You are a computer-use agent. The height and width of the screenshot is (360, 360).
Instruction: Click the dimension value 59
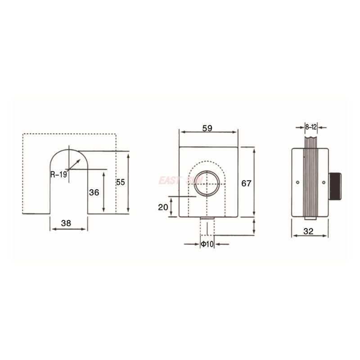coord(207,128)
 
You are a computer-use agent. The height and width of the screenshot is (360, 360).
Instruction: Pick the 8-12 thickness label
coord(311,127)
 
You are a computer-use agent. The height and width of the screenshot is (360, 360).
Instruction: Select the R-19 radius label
coord(58,174)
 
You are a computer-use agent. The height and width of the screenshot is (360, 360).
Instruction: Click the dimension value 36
coord(94,192)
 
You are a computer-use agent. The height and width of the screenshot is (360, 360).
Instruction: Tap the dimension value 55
coord(121,182)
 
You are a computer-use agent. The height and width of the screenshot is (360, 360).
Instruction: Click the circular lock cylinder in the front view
coord(207,183)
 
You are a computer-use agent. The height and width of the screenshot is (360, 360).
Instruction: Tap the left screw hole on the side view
coord(298,182)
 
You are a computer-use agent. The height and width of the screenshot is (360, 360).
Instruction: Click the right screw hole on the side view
coord(324,182)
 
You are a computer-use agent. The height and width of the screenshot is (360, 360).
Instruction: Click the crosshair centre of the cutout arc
coord(68,169)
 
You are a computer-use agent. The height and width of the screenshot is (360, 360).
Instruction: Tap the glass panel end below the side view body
coord(311,219)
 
